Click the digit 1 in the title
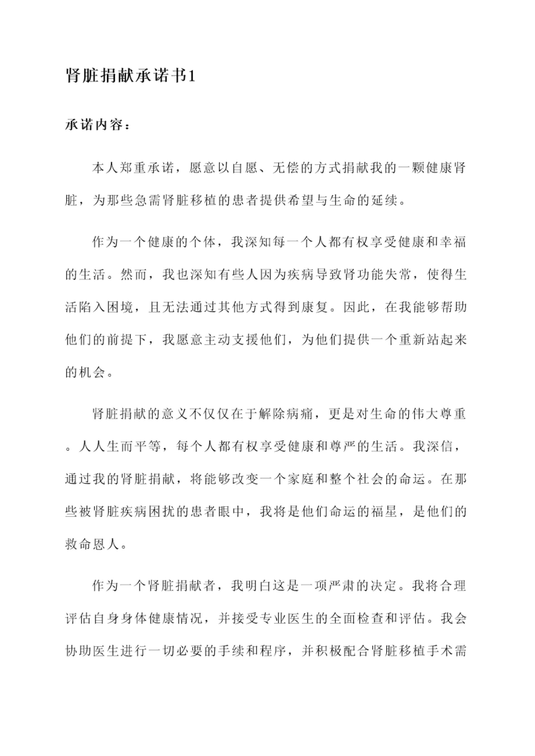(x=191, y=77)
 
